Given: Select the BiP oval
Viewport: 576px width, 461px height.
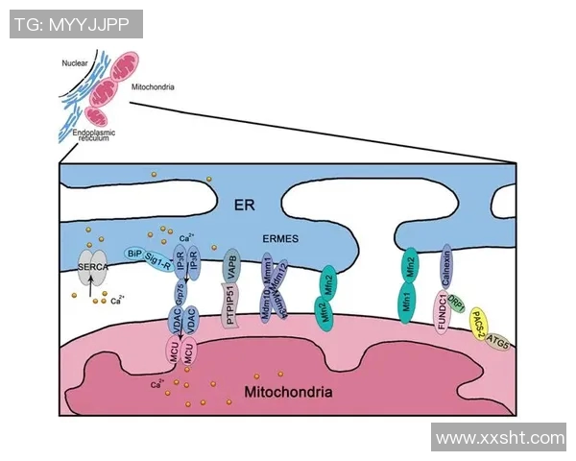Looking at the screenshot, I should pos(135,254).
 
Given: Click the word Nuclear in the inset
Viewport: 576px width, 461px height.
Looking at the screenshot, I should pos(75,63).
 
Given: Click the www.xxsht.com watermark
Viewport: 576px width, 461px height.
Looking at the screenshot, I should pos(499,438).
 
